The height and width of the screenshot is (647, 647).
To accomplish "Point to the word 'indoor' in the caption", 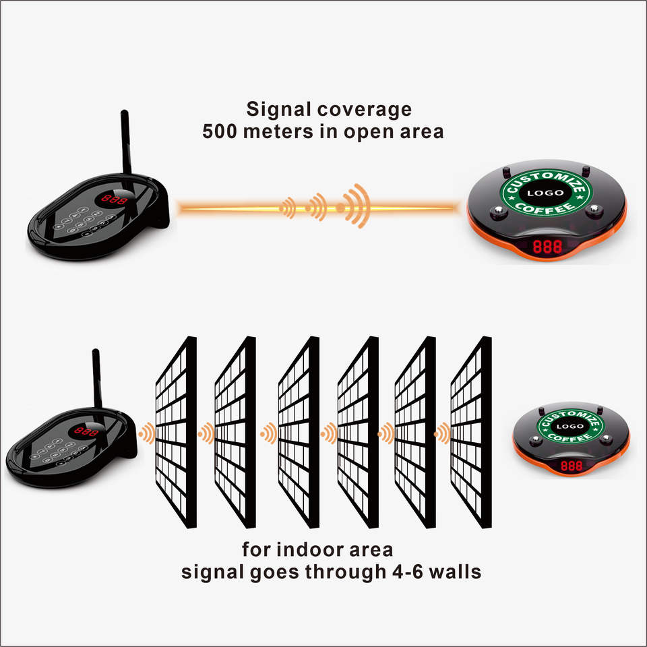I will pyautogui.click(x=326, y=549).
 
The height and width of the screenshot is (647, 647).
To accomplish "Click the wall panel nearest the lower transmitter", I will pyautogui.click(x=176, y=431).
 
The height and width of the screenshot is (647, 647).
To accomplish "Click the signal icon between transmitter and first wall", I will pyautogui.click(x=145, y=433).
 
